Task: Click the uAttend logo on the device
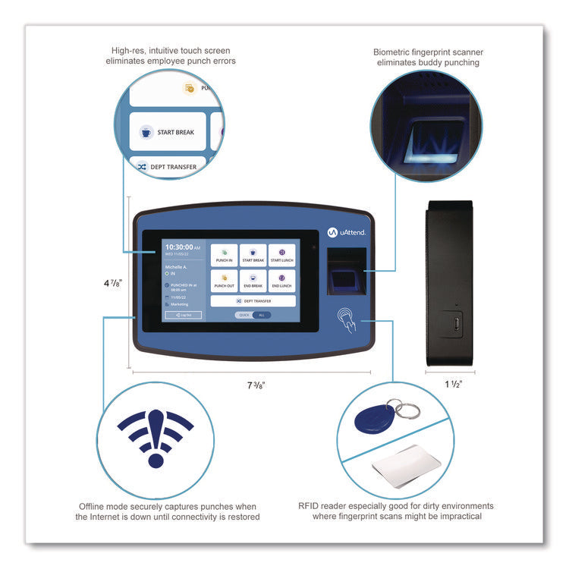[346, 231]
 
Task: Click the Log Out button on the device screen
[183, 315]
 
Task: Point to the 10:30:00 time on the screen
[178, 247]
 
